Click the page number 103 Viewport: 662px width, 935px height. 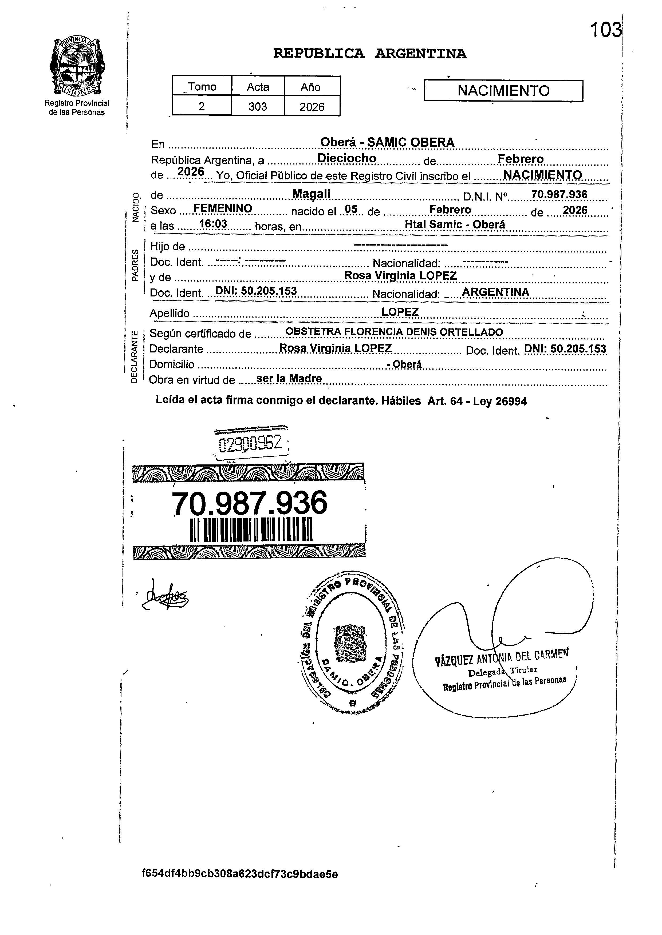[605, 30]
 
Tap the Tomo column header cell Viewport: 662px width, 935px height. [202, 87]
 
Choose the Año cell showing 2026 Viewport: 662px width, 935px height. [312, 107]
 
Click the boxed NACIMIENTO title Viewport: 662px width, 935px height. [503, 90]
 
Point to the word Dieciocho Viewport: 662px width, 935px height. [347, 158]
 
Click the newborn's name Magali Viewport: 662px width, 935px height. [312, 194]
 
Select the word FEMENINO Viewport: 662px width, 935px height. [223, 208]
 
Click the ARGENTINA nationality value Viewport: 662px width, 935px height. [495, 292]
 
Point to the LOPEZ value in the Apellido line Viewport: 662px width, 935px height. [400, 312]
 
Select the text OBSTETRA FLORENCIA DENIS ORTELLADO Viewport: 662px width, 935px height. [394, 332]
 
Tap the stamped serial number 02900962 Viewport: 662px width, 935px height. [250, 443]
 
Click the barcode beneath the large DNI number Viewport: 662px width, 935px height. [251, 529]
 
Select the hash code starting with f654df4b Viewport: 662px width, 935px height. [240, 874]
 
